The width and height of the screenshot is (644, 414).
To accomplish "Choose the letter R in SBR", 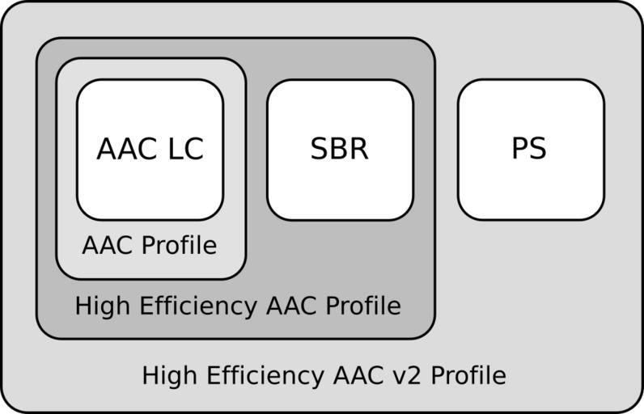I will [358, 150].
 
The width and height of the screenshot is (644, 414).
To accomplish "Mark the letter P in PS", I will [520, 150].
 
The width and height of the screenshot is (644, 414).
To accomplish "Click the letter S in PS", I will [539, 150].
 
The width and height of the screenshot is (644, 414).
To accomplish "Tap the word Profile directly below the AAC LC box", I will [184, 246].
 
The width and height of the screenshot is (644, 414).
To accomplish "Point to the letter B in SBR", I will [339, 150].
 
